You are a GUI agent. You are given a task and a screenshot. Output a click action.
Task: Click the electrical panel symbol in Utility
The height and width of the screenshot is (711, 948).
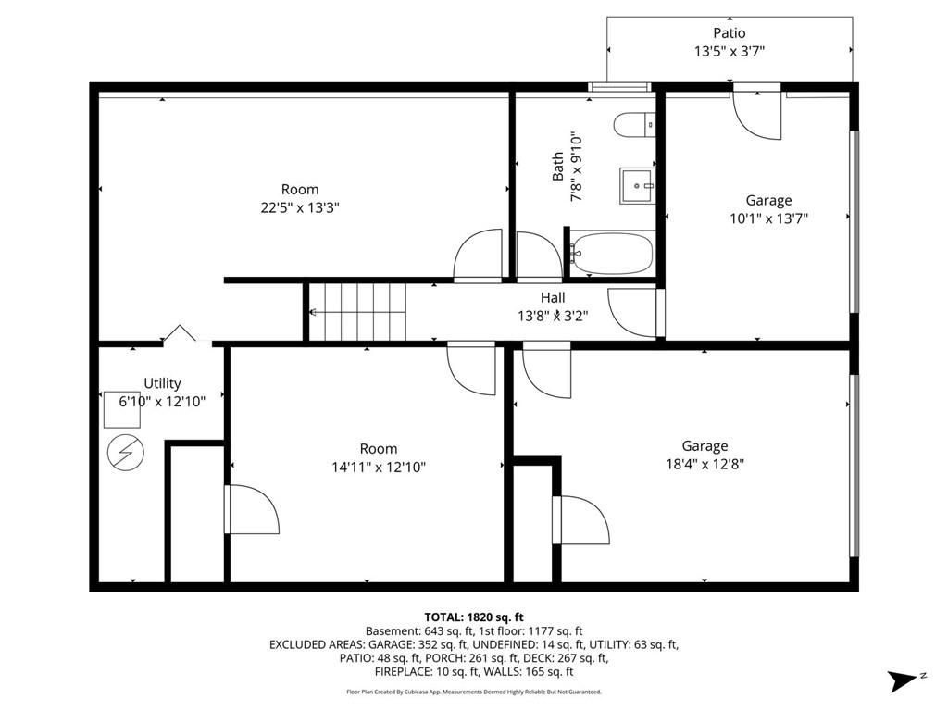(x=123, y=451)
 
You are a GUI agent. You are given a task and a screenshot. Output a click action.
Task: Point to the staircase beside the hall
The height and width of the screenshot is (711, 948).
(x=358, y=312)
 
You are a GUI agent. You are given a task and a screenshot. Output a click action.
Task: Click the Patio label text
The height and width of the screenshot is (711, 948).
(x=729, y=33)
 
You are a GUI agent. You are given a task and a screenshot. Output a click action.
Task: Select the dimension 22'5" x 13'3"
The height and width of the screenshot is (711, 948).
(x=300, y=208)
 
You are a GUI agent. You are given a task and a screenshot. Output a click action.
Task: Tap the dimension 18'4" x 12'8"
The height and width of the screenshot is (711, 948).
(x=705, y=464)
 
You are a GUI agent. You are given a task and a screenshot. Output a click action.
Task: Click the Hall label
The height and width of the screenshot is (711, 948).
(x=553, y=298)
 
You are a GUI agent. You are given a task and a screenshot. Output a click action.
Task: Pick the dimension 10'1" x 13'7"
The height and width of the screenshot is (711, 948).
(x=768, y=218)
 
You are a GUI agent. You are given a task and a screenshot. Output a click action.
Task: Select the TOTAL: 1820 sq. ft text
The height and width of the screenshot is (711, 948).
(x=474, y=617)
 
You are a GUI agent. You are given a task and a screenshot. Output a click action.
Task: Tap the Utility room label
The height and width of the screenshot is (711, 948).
(x=162, y=383)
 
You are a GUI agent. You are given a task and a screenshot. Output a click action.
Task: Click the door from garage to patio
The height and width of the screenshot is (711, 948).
(x=757, y=113)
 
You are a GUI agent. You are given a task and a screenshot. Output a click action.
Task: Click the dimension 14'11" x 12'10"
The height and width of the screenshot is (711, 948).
(x=379, y=467)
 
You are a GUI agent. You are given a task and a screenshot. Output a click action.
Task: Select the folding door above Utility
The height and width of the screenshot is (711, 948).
(x=180, y=335)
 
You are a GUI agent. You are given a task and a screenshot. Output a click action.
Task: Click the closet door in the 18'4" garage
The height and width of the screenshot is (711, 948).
(x=580, y=520)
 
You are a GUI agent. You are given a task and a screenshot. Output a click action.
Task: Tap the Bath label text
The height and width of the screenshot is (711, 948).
(x=558, y=167)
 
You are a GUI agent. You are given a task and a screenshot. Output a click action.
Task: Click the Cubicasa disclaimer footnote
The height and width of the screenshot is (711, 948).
(x=474, y=692)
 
